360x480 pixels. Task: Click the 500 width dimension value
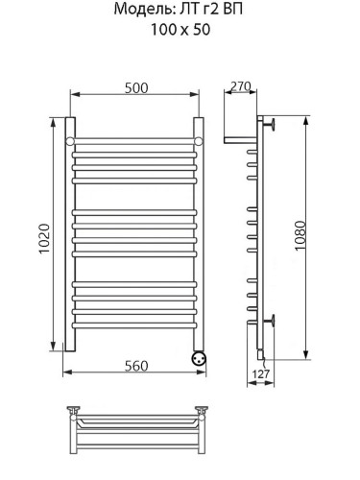point(135,87)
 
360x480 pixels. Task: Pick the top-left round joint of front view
point(70,141)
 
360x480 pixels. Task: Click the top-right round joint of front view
point(201,141)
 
